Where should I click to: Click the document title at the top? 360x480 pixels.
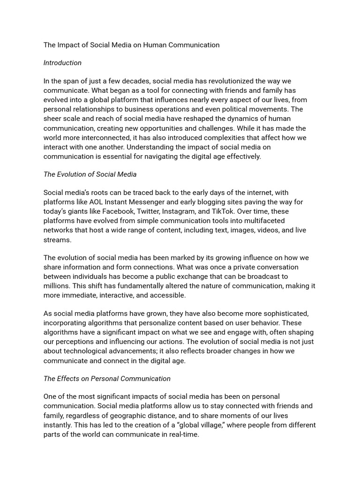[131, 45]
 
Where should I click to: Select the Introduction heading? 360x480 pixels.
[62, 63]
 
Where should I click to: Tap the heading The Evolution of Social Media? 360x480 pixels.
[90, 174]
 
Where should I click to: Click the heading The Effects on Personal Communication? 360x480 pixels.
[107, 378]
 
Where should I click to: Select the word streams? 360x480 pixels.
[57, 240]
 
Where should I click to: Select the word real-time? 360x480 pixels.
[182, 434]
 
